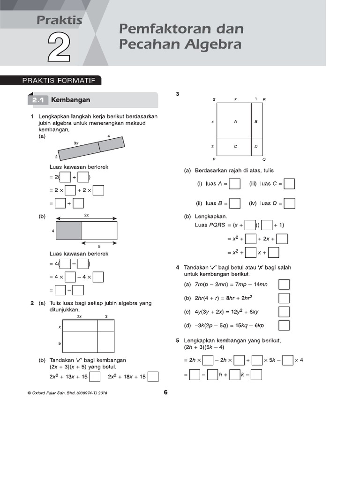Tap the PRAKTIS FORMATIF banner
tap(59, 81)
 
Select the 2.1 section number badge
tap(37, 100)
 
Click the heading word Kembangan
tap(70, 100)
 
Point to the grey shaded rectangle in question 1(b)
tap(68, 231)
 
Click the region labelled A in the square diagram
tap(235, 121)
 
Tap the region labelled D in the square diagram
tap(256, 146)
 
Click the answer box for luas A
tap(235, 184)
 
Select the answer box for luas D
tap(290, 203)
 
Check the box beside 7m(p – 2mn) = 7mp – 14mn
tap(284, 285)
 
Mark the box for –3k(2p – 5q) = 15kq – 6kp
tap(284, 325)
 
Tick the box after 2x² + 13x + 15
tap(95, 377)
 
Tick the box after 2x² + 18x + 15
tap(153, 377)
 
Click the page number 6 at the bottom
tap(165, 393)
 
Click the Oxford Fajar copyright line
tap(67, 393)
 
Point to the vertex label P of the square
tap(214, 159)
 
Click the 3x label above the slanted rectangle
tap(76, 142)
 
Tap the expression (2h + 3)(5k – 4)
tap(204, 347)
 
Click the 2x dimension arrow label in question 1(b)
tap(86, 215)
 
